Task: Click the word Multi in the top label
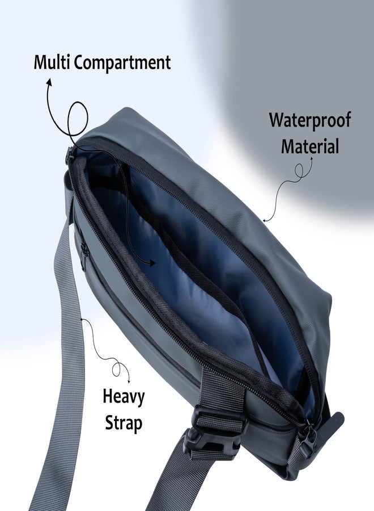point(52,62)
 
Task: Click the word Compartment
point(122,63)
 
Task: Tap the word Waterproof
point(310,120)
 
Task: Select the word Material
point(310,146)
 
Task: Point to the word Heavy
point(124,397)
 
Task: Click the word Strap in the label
point(124,422)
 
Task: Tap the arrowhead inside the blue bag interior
point(151,263)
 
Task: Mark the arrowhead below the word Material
point(311,160)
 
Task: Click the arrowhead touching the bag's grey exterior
point(265,220)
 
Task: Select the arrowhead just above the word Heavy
point(129,381)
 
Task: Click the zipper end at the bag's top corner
point(70,155)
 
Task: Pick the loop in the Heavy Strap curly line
point(116,369)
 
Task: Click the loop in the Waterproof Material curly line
point(299,171)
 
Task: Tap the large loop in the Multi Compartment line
point(78,119)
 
